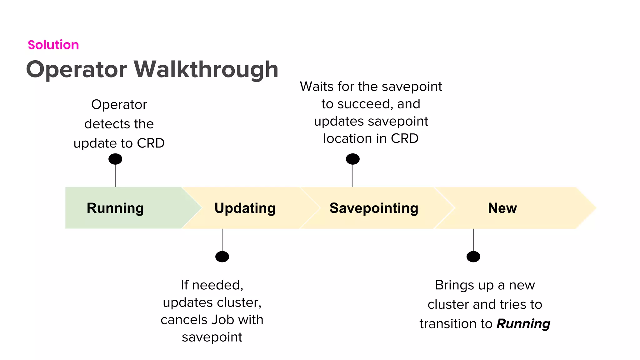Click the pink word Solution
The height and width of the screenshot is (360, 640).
point(53,45)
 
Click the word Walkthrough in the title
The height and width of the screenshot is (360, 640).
point(206,69)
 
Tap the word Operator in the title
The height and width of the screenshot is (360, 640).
point(77,69)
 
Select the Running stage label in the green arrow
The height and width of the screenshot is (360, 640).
point(115,208)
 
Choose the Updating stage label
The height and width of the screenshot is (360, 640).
point(245,208)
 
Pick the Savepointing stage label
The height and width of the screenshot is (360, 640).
point(374,208)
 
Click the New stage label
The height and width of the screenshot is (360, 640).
point(502,208)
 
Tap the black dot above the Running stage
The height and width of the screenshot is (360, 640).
point(115,159)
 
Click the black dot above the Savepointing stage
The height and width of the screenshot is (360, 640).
point(352,159)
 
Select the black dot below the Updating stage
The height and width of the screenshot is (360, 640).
point(222,257)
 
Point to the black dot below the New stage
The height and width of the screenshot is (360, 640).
point(473,257)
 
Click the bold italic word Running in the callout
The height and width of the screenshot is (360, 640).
point(523,324)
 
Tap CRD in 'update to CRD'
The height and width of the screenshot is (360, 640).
point(151,143)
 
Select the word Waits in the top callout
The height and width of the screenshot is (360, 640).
point(317,87)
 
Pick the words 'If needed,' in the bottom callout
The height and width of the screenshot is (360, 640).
point(212,285)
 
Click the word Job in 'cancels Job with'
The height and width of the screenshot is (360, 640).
point(223,320)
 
